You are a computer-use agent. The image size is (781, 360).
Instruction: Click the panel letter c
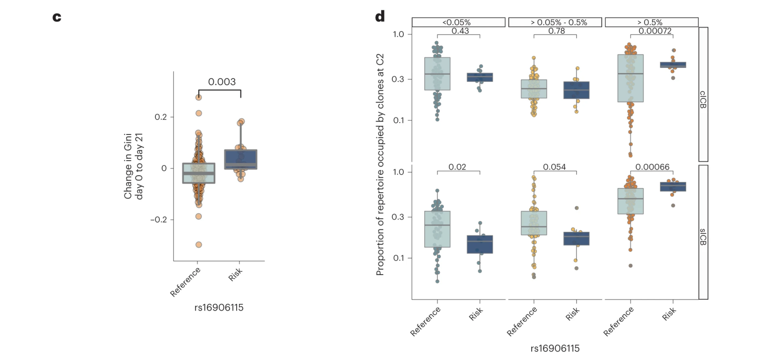point(57,17)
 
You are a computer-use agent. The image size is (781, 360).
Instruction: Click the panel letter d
point(380,16)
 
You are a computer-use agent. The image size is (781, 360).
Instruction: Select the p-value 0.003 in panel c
point(222,82)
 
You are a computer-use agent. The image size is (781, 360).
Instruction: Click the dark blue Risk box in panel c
point(241,159)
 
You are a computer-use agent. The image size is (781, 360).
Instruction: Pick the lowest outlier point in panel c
point(199,244)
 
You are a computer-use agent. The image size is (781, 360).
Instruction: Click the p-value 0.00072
point(655,31)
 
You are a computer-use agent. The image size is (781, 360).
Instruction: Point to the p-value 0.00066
point(652,167)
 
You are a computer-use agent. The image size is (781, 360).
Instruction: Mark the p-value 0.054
point(554,167)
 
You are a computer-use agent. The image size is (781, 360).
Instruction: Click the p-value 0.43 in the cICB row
point(460,31)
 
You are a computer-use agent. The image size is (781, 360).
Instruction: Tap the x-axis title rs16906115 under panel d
point(555,348)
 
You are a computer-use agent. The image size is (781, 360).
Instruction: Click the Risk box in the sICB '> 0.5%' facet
point(673,187)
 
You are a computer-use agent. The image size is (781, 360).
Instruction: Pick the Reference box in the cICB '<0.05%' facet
point(437,74)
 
